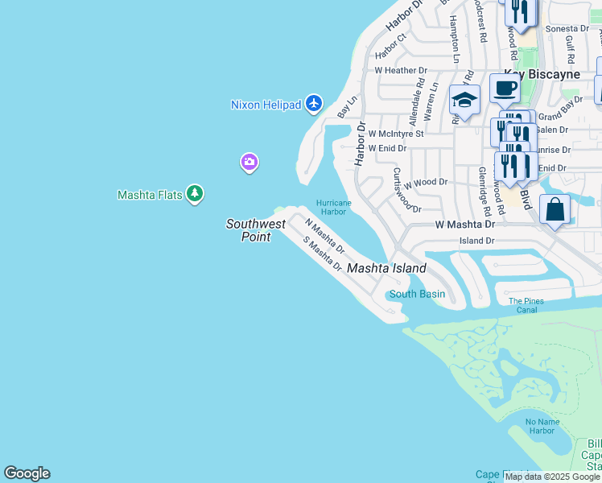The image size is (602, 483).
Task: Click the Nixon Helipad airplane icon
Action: pos(313,104)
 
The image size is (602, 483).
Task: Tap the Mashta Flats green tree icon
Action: pos(194,194)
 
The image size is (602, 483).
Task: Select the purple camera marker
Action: pos(249,163)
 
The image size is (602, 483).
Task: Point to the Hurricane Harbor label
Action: pos(333,208)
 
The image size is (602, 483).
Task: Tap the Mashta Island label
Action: pos(386,268)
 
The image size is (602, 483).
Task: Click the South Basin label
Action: pos(417,294)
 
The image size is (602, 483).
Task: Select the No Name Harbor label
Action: pos(541,426)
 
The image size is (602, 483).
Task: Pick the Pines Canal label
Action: pos(526,305)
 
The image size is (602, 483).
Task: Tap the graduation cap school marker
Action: pos(464,100)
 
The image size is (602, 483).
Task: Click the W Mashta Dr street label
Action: pos(464,225)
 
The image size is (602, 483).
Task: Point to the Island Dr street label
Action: pos(476,241)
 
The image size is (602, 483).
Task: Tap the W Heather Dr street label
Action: pos(400,71)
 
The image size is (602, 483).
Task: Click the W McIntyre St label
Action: pos(395,134)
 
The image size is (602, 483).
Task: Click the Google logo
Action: pos(27,473)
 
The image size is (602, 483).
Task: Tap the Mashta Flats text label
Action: pos(150,195)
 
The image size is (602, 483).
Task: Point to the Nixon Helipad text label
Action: pos(266,105)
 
